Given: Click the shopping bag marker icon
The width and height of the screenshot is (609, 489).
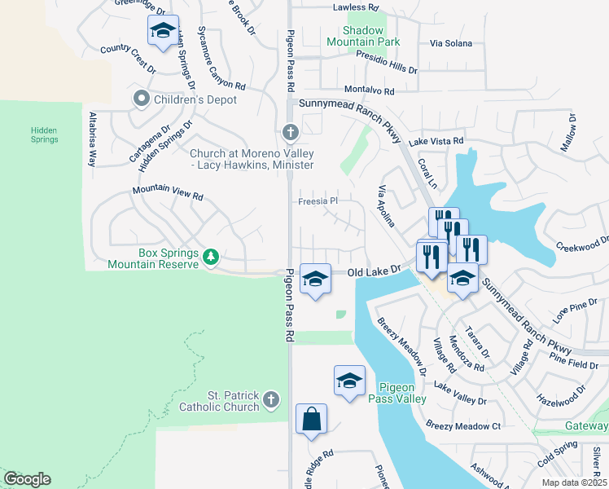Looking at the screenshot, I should (x=311, y=420).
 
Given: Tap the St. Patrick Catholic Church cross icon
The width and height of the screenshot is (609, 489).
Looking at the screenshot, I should (x=271, y=399).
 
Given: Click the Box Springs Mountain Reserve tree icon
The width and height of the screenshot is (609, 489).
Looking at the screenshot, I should (x=211, y=258).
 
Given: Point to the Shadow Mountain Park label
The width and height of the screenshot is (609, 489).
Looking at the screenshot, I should (x=364, y=36).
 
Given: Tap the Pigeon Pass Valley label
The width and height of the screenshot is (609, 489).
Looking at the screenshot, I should (x=397, y=393).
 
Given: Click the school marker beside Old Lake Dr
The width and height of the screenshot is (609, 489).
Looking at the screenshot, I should (x=315, y=279).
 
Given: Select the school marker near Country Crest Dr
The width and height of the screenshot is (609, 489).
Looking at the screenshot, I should (x=163, y=31).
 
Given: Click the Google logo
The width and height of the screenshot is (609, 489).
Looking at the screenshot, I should (x=27, y=479).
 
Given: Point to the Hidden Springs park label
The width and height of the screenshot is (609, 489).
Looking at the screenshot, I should (x=45, y=134).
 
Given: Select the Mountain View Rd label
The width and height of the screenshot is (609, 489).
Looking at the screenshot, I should (x=168, y=196).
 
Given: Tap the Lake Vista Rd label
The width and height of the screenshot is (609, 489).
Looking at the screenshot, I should (x=436, y=141).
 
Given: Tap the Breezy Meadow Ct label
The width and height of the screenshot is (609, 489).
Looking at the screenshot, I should (x=463, y=426).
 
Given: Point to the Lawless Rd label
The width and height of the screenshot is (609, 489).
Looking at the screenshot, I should (x=356, y=7).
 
